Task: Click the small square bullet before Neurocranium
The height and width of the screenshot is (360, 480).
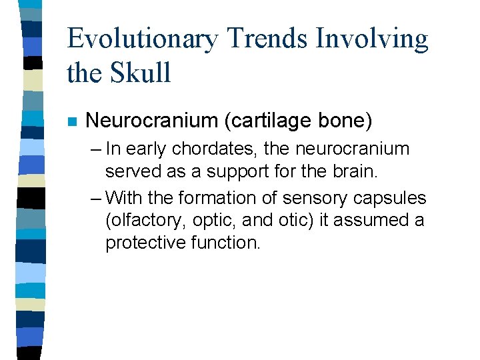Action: coord(72,121)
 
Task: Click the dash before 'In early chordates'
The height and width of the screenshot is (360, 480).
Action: coord(95,149)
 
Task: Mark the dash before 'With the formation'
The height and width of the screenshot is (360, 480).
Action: coord(95,198)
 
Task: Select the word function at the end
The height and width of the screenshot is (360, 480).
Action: coord(224,243)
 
